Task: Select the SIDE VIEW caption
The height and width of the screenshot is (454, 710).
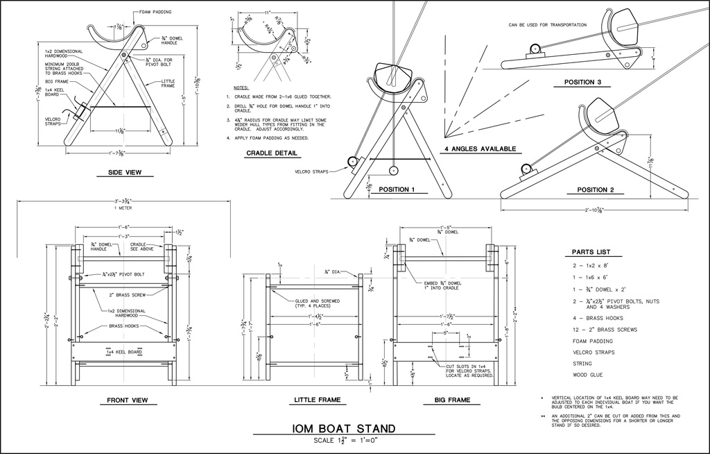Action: pos(125,172)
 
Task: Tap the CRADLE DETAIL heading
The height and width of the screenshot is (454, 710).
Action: pos(272,153)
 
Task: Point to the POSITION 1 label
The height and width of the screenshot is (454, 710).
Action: pos(392,190)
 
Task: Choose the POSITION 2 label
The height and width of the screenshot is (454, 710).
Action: pos(596,190)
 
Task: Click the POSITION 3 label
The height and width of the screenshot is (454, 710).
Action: pos(582,82)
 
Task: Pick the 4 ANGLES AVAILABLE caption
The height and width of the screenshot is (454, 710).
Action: pos(480,149)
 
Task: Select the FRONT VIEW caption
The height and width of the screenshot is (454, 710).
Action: pos(127,400)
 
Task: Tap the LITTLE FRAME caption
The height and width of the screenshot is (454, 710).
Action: pos(316,400)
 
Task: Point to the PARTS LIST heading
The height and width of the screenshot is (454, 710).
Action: pos(591,252)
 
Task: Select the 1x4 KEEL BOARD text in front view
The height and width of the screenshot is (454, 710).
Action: pos(124,352)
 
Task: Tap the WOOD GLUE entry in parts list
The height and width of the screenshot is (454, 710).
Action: pos(587,375)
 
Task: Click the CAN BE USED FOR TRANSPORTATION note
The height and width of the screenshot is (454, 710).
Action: pos(548,25)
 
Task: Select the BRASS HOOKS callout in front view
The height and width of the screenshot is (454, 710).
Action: pos(123,326)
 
